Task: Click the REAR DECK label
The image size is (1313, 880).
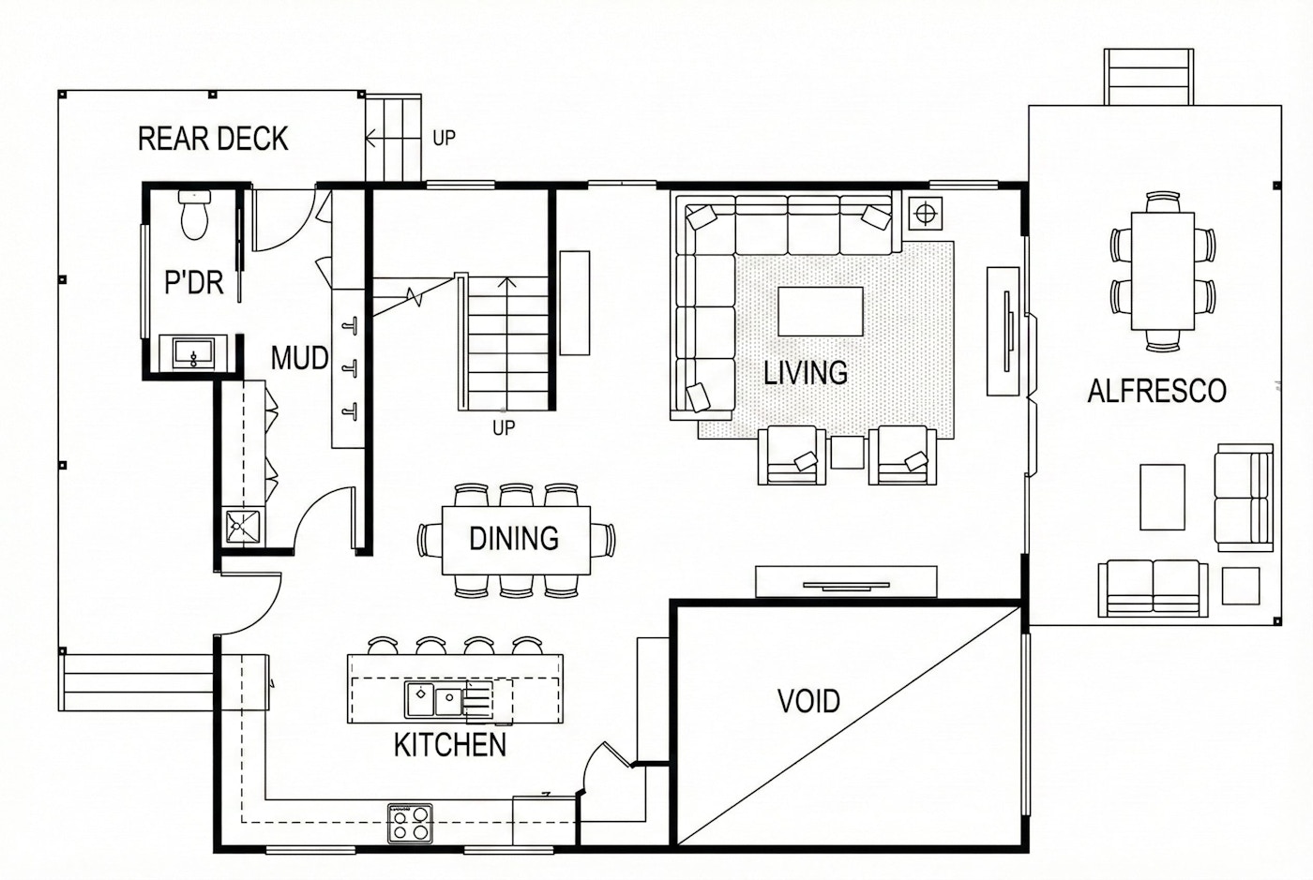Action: (x=213, y=139)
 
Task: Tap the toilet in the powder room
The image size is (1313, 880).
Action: (x=195, y=215)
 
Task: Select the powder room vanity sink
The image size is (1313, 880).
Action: (x=193, y=352)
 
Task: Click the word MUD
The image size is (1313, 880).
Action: (x=299, y=358)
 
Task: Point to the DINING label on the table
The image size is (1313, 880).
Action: (x=514, y=539)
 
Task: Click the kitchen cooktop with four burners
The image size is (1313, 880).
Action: (x=411, y=823)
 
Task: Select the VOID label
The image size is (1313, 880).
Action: (x=808, y=701)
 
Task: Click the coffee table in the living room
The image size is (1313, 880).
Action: (x=821, y=311)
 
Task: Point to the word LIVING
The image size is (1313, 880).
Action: (x=806, y=373)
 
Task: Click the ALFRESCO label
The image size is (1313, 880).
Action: (x=1157, y=391)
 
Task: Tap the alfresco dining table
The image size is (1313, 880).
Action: (x=1163, y=271)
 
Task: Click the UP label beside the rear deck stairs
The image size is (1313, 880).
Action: (x=444, y=139)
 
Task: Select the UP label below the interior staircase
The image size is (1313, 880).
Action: (x=504, y=428)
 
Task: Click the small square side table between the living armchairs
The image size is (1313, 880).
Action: (x=848, y=452)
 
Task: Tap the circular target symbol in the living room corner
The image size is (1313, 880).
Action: (x=926, y=214)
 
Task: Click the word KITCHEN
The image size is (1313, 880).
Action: (x=450, y=745)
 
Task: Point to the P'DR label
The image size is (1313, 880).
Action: (x=194, y=282)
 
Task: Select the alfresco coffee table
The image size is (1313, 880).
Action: (x=1162, y=498)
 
